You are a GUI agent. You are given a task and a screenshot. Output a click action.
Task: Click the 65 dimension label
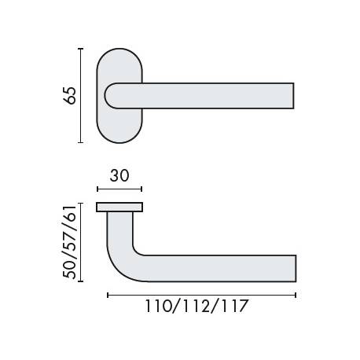point(70,96)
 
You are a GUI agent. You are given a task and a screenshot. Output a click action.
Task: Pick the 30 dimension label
point(119,176)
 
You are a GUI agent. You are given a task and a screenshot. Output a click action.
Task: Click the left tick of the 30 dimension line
point(97,189)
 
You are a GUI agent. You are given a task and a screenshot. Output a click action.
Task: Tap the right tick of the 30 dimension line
point(142,189)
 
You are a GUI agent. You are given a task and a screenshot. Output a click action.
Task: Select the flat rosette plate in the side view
point(119,207)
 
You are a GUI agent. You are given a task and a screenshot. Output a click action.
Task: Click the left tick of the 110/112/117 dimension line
point(107,295)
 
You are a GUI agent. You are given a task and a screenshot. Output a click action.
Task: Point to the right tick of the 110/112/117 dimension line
point(296,295)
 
